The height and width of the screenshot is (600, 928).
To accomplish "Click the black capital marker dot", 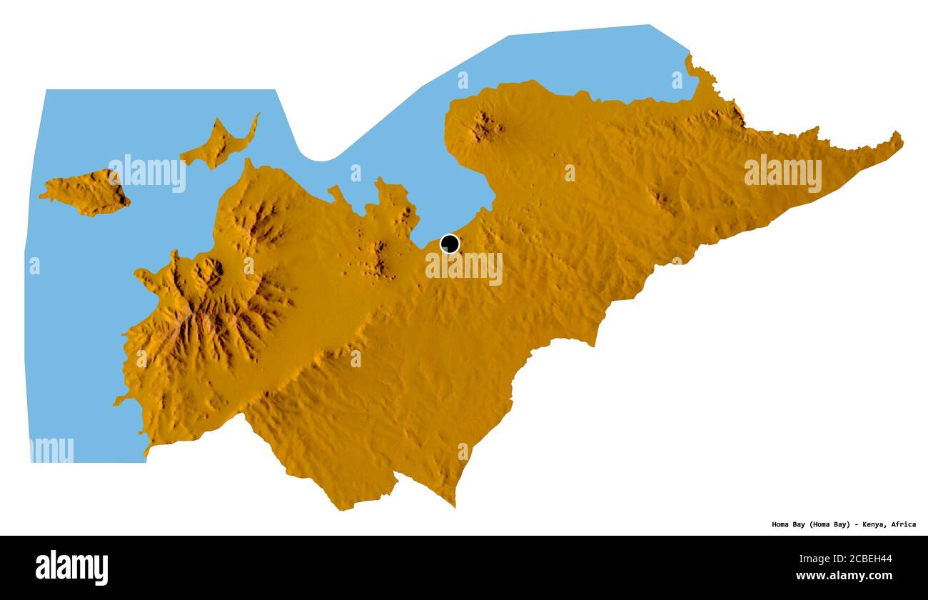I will pyautogui.click(x=450, y=244).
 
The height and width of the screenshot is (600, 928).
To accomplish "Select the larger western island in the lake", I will pyautogui.click(x=86, y=193).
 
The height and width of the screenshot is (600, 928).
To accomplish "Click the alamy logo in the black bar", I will pyautogui.click(x=71, y=567).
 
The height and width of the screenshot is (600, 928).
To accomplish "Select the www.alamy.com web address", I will pyautogui.click(x=843, y=575).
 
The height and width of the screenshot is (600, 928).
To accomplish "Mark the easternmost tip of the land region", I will pyautogui.click(x=901, y=138).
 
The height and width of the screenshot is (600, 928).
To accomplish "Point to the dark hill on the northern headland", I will pyautogui.click(x=485, y=126).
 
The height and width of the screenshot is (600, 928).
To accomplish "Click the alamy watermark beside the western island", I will pyautogui.click(x=147, y=174).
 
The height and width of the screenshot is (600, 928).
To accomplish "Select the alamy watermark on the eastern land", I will pyautogui.click(x=782, y=174).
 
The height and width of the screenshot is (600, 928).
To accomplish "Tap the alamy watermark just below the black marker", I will pyautogui.click(x=464, y=269).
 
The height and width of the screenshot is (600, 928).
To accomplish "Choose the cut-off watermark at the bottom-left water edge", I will pyautogui.click(x=52, y=450).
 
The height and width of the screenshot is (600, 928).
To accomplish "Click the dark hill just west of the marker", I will pyautogui.click(x=378, y=259).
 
